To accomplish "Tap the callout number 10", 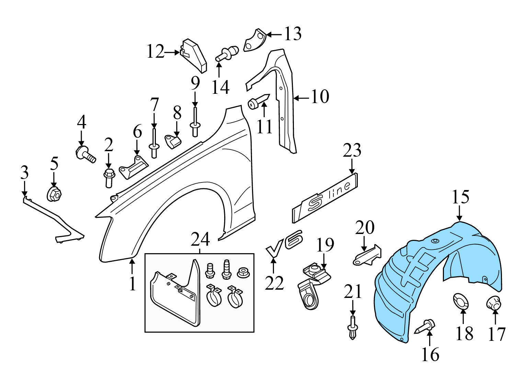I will pyautogui.click(x=320, y=97).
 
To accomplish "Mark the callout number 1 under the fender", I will pyautogui.click(x=133, y=284).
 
